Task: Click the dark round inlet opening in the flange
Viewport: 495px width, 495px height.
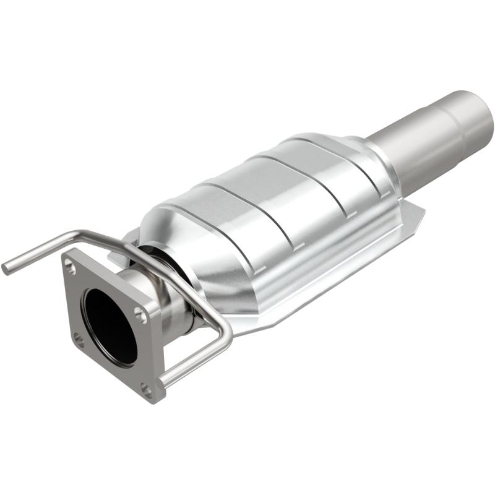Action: pos(110,325)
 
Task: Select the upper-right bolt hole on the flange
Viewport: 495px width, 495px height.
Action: pos(142,315)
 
